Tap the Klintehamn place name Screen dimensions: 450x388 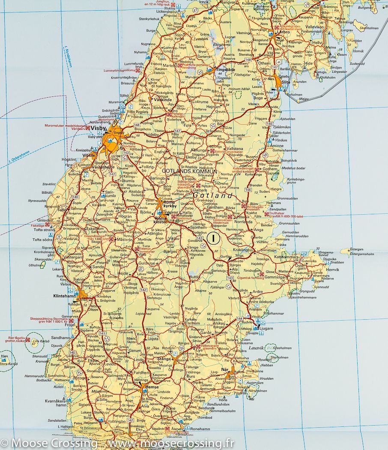[x=64, y=296]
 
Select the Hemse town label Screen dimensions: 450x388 [x=152, y=387]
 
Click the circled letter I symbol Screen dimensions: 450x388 [x=213, y=237]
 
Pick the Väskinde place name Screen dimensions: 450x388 [x=163, y=99]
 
